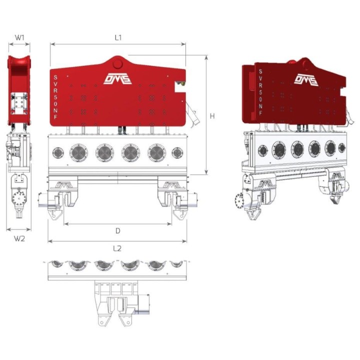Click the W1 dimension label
[x=19, y=37]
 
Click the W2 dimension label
[x=19, y=238]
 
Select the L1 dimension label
[x=118, y=37]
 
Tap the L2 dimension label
[x=117, y=248]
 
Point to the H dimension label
[x=212, y=116]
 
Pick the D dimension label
[x=118, y=231]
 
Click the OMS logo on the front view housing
[x=117, y=79]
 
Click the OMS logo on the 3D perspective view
[x=305, y=79]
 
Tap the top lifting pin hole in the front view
[x=117, y=63]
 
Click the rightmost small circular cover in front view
[x=177, y=152]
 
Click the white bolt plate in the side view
[x=19, y=103]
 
